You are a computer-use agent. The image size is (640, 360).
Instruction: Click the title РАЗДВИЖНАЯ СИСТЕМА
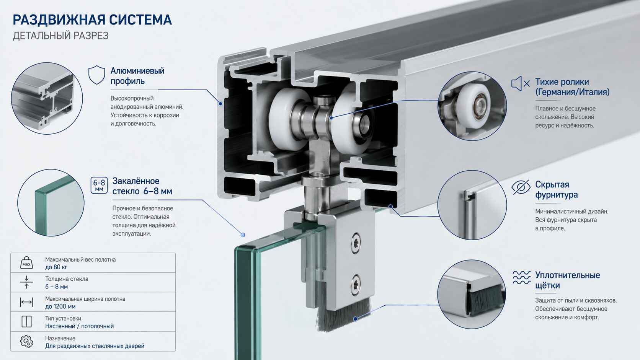(92, 20)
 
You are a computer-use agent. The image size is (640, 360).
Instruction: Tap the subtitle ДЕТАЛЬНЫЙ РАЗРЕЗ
(60, 36)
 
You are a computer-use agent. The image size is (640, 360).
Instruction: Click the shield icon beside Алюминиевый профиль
(96, 75)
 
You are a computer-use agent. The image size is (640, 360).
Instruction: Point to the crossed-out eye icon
(521, 187)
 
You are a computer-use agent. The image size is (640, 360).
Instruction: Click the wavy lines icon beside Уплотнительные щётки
(521, 277)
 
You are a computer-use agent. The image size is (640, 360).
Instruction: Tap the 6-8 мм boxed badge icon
(99, 185)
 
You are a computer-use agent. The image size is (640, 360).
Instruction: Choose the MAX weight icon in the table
(26, 263)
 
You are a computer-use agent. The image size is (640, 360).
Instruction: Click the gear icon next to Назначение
(26, 341)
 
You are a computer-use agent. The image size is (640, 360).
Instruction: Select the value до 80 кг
(56, 267)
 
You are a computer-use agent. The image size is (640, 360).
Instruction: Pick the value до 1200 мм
(60, 306)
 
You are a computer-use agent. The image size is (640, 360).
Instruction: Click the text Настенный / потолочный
(80, 326)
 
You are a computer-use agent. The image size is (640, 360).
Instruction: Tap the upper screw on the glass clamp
(356, 243)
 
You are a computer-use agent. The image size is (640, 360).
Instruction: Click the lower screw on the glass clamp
(356, 284)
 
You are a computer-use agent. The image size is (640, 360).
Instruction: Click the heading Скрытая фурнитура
(556, 189)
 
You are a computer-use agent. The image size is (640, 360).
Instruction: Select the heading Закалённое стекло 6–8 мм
(142, 186)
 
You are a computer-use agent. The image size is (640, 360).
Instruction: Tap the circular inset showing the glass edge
(51, 203)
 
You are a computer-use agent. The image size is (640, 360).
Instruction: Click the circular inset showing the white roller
(472, 106)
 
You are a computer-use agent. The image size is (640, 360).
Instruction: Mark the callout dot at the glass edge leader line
(243, 235)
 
